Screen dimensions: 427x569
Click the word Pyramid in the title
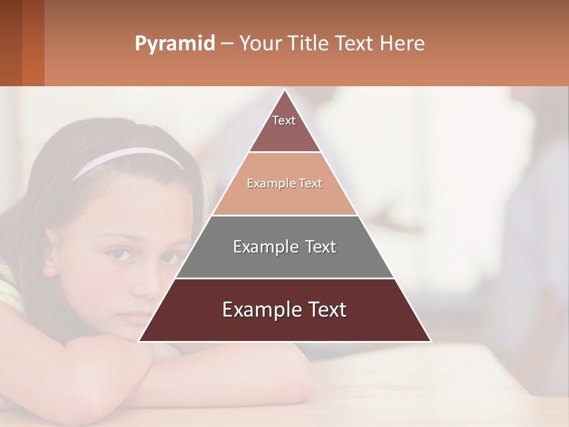174,44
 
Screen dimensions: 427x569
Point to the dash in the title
227,44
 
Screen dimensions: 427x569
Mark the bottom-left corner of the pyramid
140,340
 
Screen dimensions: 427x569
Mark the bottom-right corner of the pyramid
430,340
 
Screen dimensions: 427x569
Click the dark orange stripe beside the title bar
33,43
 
